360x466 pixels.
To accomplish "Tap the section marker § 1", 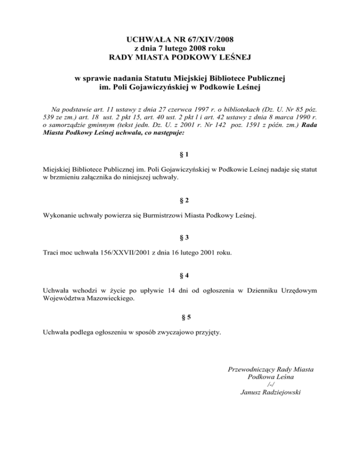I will [180, 153].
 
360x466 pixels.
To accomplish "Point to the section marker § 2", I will [180, 201].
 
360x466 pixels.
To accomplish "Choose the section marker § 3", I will [180, 238].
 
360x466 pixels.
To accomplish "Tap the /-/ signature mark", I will [270, 385].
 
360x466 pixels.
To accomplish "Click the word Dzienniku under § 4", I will [255, 291].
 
